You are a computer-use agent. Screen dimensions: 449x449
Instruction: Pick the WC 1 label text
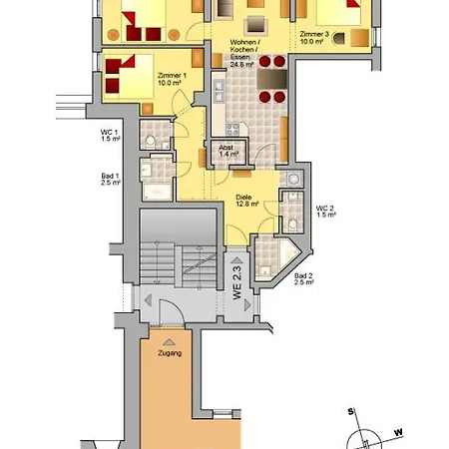(x=109, y=137)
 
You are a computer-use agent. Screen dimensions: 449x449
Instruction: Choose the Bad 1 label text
(x=110, y=180)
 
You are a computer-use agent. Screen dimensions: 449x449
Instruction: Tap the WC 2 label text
(x=325, y=211)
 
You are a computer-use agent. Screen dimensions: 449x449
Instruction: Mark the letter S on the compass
(x=351, y=410)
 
